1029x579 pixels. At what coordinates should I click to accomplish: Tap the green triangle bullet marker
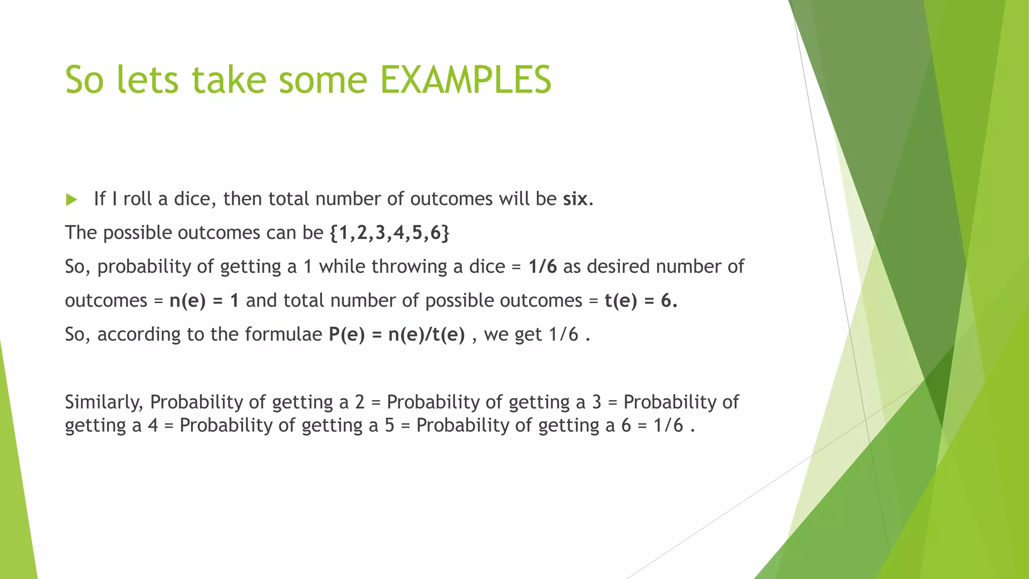[x=71, y=200]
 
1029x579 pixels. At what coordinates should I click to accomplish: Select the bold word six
[x=575, y=200]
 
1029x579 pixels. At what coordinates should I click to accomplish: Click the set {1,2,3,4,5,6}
[x=389, y=233]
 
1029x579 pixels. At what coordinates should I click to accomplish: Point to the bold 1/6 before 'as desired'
[x=542, y=267]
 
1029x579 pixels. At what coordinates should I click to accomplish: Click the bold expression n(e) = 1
[x=204, y=301]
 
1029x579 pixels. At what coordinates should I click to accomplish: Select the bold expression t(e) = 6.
[x=641, y=301]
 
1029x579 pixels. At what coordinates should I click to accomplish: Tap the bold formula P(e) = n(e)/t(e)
[x=397, y=335]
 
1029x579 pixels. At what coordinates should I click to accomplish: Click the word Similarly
[x=104, y=402]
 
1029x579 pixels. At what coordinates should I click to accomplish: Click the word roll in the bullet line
[x=137, y=200]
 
